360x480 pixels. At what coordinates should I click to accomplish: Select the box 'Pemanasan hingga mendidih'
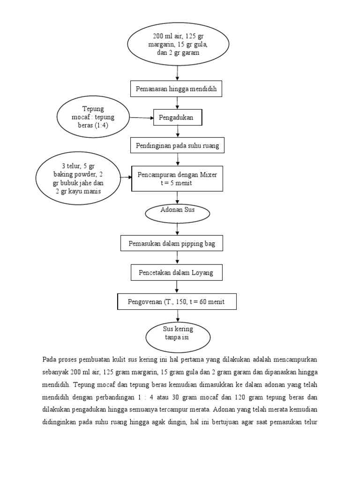coord(177,89)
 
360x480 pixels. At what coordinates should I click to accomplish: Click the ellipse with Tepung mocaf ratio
coord(93,117)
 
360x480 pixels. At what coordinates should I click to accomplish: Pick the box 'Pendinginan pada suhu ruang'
coord(177,146)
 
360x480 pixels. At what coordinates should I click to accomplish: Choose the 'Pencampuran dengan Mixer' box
coord(177,179)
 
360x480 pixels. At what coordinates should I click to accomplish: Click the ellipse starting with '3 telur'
coord(78,179)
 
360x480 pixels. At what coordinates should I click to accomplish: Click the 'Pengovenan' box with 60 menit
coord(177,302)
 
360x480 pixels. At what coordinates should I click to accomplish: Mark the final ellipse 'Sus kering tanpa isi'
coord(177,334)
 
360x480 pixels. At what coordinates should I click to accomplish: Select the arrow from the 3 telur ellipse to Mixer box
coord(125,178)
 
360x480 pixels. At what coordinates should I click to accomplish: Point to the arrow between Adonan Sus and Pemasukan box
coord(177,229)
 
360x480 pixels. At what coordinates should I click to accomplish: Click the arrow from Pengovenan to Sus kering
coord(177,315)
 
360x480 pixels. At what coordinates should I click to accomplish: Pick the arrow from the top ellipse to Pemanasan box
coord(177,73)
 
